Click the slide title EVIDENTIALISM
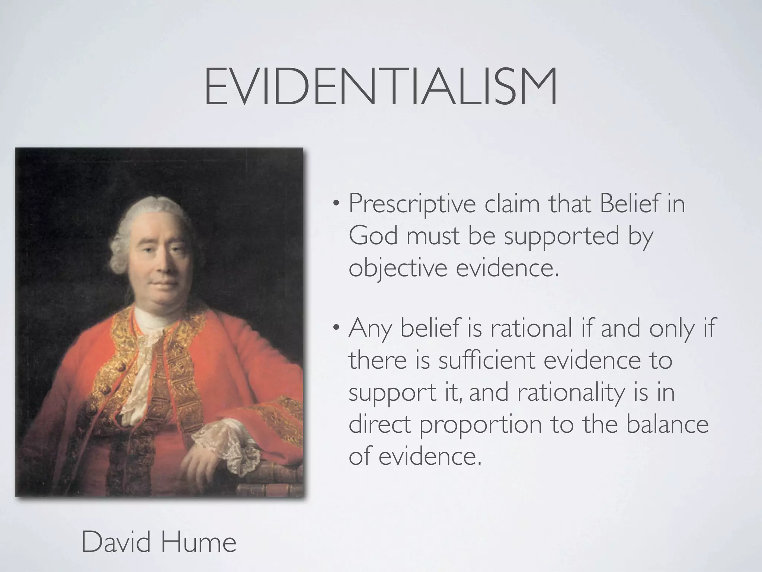(x=381, y=86)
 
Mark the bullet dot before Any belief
(x=336, y=328)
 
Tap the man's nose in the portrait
(x=164, y=261)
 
